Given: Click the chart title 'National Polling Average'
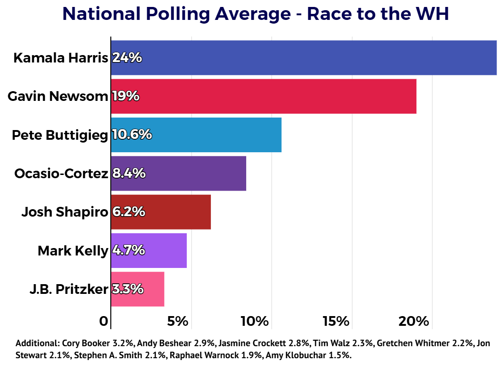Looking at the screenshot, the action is coord(177,14).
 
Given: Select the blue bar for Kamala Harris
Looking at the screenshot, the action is coord(304,58).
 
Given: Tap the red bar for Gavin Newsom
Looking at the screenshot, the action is coord(264,96).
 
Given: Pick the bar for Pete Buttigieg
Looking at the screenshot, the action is coord(196,135).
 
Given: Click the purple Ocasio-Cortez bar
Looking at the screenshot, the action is coord(178,174).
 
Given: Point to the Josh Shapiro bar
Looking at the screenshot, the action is coord(161,212).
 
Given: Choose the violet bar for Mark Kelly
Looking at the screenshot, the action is coord(149,250).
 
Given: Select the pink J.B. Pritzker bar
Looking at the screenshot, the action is coord(138,289).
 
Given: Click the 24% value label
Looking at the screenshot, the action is coord(127,58).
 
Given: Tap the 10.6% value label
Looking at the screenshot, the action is coord(132,135).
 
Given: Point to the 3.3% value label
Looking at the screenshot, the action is coord(127,289).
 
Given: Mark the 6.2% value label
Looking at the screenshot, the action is coord(128,211).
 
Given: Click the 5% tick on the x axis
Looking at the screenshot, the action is coord(178,321).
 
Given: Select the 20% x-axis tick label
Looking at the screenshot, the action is coord(414,321).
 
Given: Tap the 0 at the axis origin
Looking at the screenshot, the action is coord(104,321).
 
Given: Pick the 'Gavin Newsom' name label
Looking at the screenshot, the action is coord(58,96).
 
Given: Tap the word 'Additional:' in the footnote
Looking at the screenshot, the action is coord(38,343).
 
